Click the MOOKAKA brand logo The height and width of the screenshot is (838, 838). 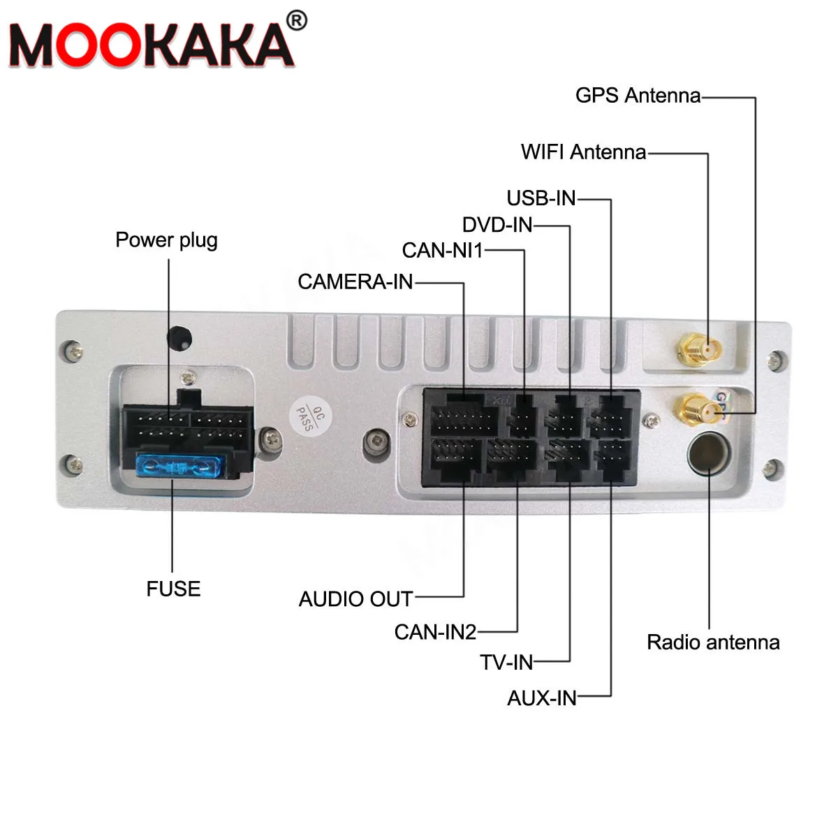tap(150, 45)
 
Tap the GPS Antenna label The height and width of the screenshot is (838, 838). tap(638, 96)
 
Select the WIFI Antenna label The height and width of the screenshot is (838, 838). tap(583, 152)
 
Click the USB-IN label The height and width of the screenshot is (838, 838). tap(541, 198)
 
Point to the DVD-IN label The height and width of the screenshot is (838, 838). tap(497, 225)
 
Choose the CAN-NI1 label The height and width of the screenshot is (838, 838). tap(442, 251)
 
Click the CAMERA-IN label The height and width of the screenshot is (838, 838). tap(355, 281)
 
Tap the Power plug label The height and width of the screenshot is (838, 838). tap(166, 240)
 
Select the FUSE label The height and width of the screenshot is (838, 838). tap(173, 589)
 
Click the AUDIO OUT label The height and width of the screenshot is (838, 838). tap(355, 599)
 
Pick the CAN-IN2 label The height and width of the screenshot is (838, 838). tap(435, 632)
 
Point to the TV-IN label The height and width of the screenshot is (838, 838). tap(506, 662)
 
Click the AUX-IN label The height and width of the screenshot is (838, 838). tap(542, 698)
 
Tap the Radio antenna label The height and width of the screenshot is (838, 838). tap(713, 642)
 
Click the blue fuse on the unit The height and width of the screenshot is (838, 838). tap(180, 466)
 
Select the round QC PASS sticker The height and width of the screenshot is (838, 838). tap(311, 417)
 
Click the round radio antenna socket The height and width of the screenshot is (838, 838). tap(708, 453)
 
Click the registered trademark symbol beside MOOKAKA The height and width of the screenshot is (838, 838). tap(297, 21)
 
